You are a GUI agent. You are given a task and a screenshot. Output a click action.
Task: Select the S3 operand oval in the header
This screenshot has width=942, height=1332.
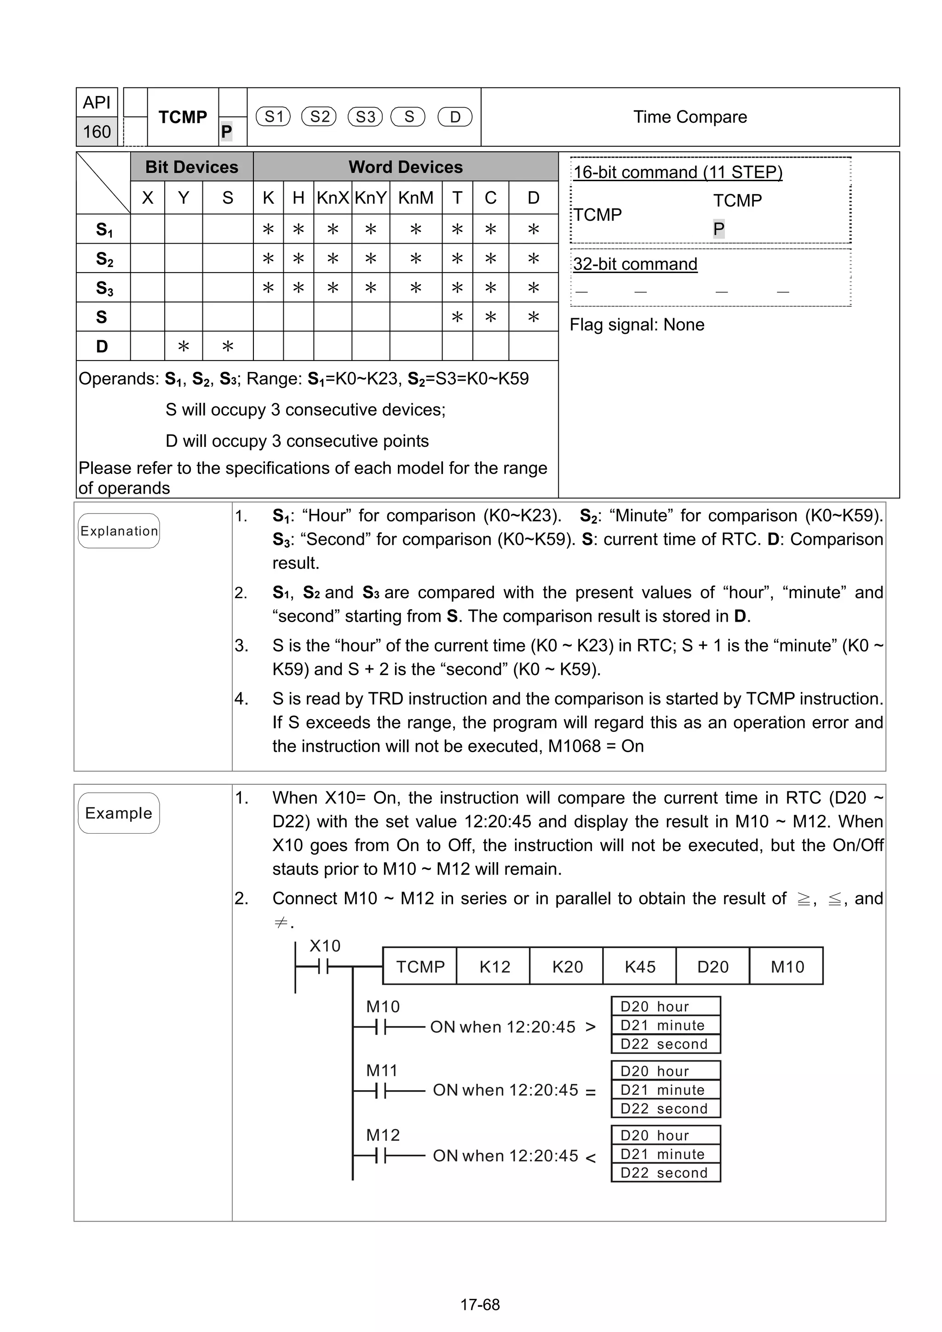tap(365, 117)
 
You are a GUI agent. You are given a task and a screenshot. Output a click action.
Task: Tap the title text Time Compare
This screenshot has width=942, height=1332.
tap(689, 117)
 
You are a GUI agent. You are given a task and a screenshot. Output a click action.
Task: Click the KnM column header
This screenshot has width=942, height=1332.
tap(415, 198)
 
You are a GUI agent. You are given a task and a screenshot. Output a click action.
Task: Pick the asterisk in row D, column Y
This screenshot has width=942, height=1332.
tap(184, 346)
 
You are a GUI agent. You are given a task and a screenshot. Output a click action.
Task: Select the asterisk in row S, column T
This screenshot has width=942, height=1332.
tap(457, 317)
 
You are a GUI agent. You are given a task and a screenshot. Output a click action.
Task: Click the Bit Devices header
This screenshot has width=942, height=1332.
tap(191, 167)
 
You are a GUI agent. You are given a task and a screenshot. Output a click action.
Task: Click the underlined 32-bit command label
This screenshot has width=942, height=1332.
tap(635, 264)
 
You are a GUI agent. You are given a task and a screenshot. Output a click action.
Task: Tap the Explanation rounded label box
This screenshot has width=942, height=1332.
tap(119, 531)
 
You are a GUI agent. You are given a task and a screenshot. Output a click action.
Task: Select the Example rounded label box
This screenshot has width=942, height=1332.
tap(119, 813)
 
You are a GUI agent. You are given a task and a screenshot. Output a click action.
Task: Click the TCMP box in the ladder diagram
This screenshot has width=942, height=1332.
tap(420, 966)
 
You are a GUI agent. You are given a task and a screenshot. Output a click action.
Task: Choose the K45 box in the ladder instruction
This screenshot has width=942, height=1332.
tap(640, 966)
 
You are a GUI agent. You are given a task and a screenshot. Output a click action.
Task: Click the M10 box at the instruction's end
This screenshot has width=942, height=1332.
tap(787, 966)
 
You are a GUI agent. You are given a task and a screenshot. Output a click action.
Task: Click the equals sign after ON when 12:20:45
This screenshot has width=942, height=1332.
tap(590, 1092)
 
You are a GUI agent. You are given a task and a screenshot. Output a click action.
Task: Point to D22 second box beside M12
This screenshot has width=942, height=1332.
tap(665, 1172)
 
